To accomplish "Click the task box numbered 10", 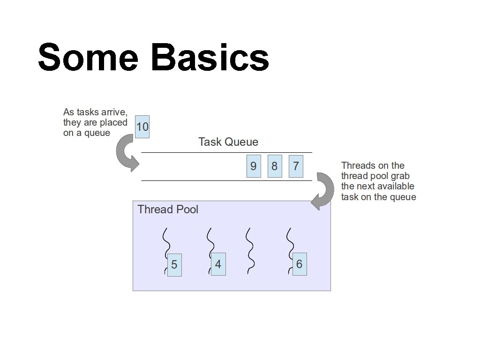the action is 142,127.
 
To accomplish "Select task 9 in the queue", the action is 254,166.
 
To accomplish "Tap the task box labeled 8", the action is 275,166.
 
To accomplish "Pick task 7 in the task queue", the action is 296,166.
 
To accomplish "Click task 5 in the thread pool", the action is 174,265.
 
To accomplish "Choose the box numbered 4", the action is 218,264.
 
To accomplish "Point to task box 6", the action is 300,264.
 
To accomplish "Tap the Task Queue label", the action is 228,142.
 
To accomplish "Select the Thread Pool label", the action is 168,210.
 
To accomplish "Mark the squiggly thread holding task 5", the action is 165,241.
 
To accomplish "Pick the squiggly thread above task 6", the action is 290,241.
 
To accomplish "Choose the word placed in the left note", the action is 113,122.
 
